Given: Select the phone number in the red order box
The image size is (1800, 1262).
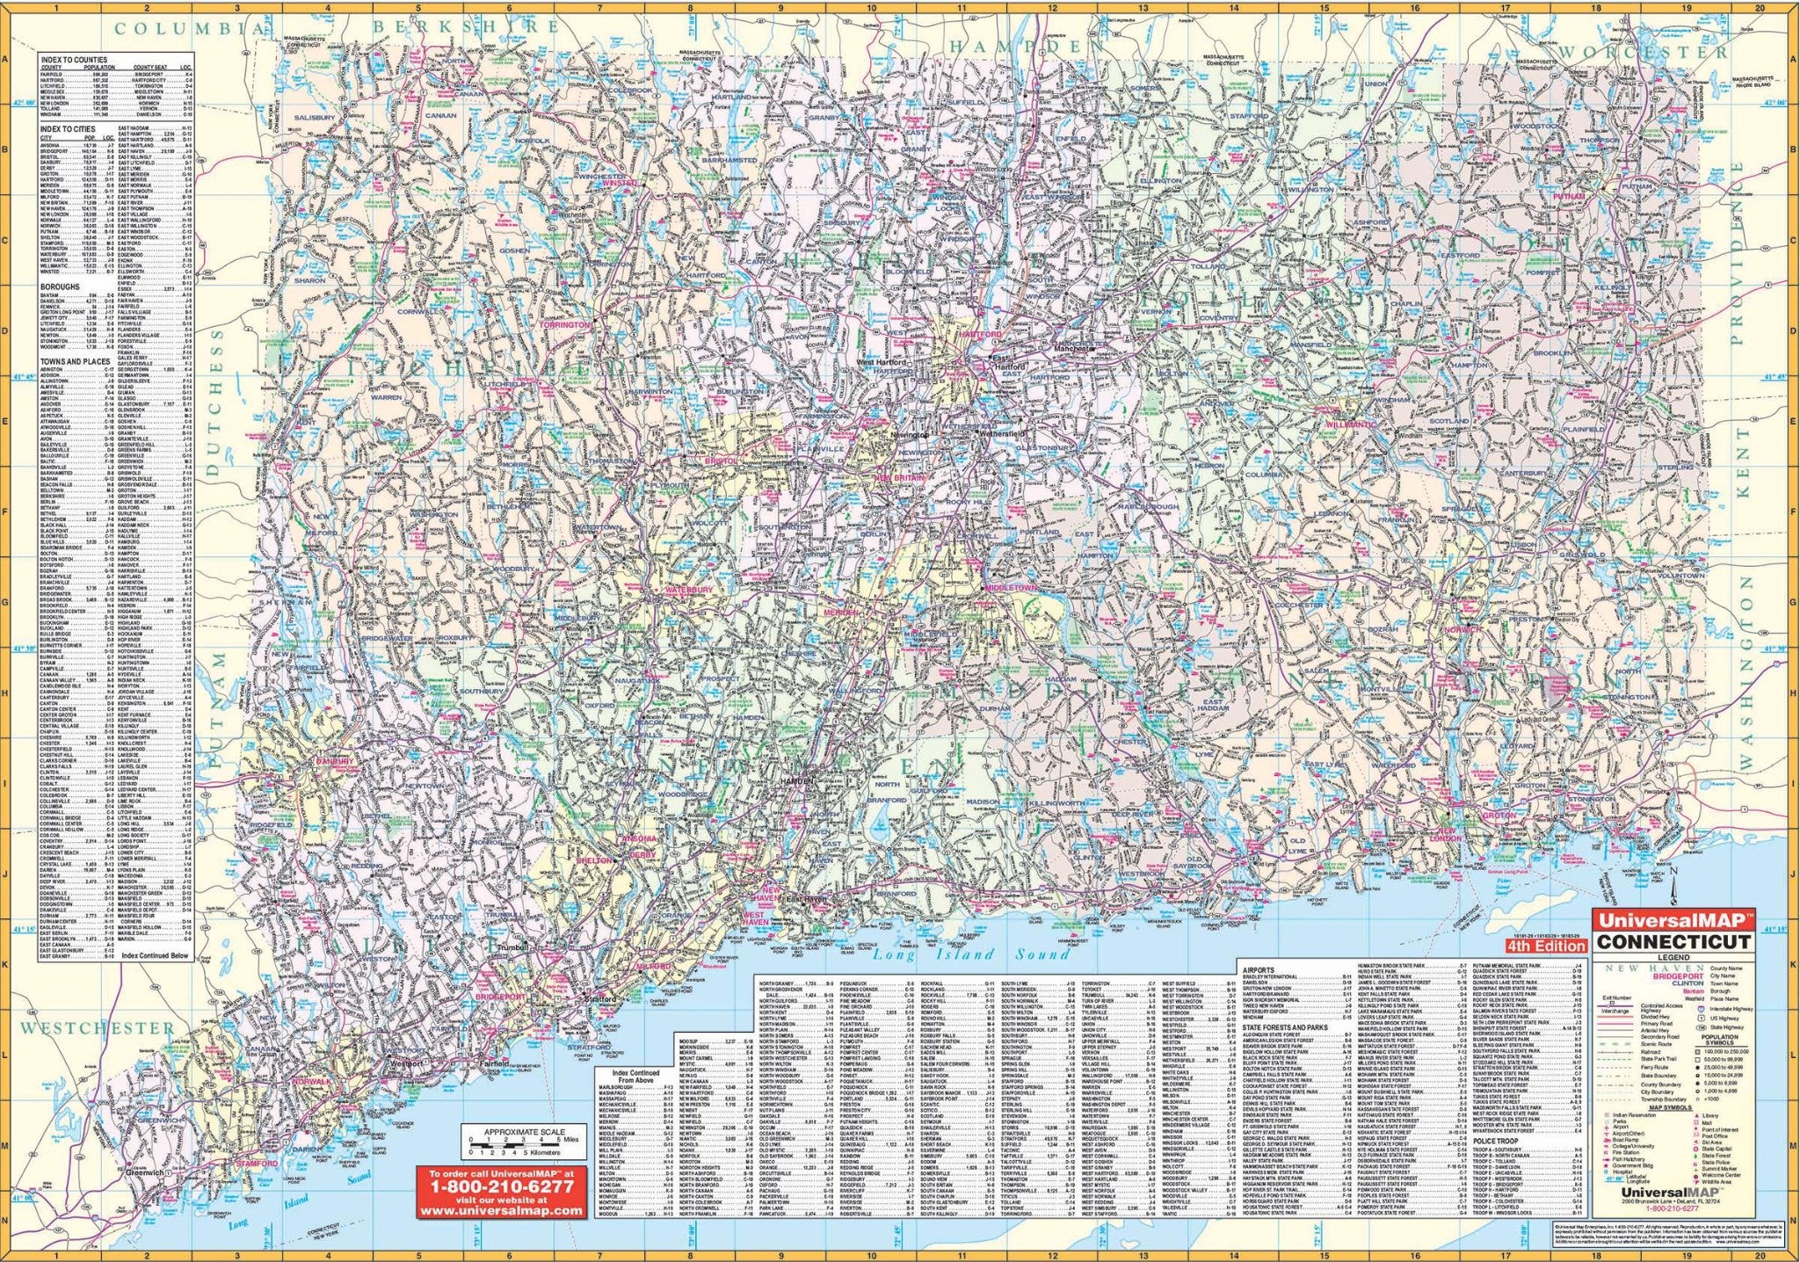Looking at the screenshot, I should coord(501,1186).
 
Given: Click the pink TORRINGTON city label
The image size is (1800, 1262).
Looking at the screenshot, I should coord(565,324).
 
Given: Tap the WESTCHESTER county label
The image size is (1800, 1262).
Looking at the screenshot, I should coord(98,1027).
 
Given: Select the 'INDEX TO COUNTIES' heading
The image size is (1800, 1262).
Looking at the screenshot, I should coord(73,59).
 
